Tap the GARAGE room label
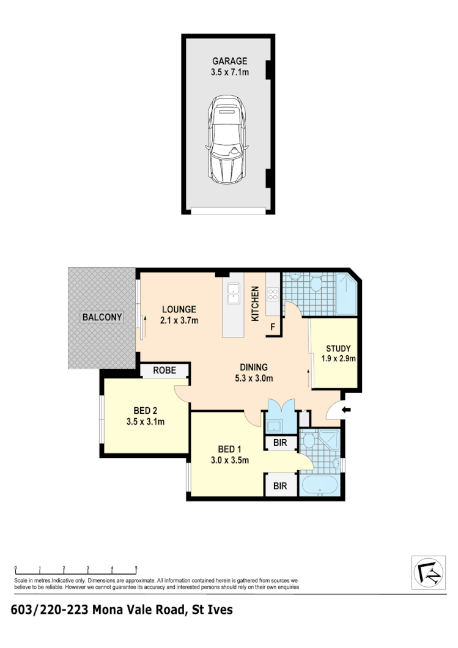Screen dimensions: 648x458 coord(229,61)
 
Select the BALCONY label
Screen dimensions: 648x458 coord(102,317)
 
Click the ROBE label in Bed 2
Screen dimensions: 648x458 coord(164,370)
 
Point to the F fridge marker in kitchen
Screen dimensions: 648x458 coord(273,328)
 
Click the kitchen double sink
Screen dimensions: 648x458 coord(234,294)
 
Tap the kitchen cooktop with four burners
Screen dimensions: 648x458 coord(273,294)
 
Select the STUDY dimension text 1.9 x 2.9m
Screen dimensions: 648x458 coord(334,359)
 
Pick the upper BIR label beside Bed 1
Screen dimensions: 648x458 coord(281,443)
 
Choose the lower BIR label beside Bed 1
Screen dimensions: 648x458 coord(281,487)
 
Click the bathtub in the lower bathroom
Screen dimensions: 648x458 coord(319,487)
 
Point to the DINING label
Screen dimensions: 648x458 coord(254,367)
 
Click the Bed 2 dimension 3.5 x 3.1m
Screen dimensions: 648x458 coord(146,421)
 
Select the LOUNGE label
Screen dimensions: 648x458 coord(179,309)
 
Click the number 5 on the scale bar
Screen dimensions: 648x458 coord(136,568)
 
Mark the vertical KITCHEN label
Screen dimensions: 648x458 coord(256,304)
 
